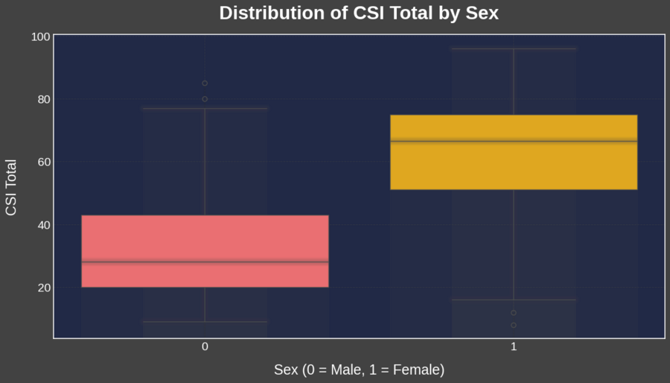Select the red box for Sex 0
pos(205,238)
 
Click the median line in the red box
pos(205,262)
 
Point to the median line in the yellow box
pos(514,141)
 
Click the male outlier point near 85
pos(205,83)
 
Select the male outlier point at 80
pos(205,99)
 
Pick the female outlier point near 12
pos(514,313)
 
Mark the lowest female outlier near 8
pos(514,325)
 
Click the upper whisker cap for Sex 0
pos(205,109)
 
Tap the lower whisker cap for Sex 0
pos(205,322)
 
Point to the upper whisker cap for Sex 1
pos(514,49)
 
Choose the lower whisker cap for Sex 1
pos(514,300)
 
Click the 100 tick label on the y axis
pos(41,37)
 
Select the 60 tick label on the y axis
pos(43,162)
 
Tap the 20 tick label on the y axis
pos(43,288)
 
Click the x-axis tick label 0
pos(205,347)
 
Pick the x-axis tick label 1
pos(514,347)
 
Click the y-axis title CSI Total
pos(11,188)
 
